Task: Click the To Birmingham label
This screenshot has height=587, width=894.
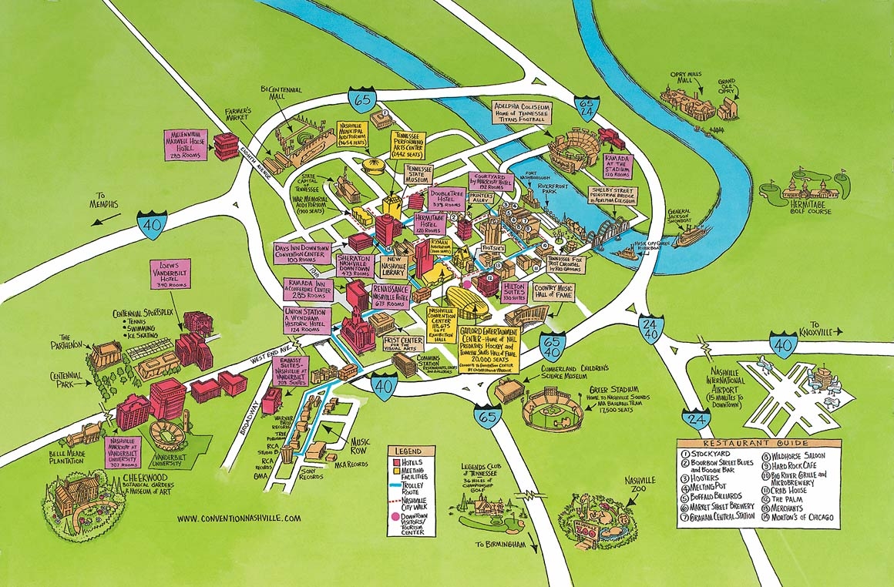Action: pyautogui.click(x=505, y=545)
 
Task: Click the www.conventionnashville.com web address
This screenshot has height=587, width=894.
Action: pyautogui.click(x=239, y=518)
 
